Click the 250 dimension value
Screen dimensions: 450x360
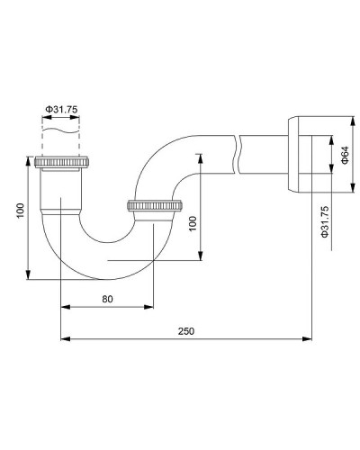(x=186, y=331)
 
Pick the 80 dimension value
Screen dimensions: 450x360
(x=108, y=298)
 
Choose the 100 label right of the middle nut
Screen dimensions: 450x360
(x=191, y=222)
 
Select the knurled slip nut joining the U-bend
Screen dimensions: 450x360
(x=156, y=206)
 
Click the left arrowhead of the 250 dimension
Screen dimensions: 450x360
(x=64, y=339)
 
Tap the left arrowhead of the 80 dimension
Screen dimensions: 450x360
(x=64, y=306)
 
